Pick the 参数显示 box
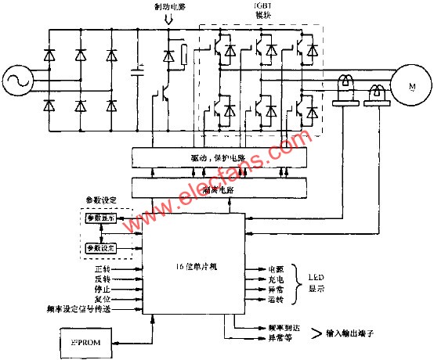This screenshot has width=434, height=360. [x=101, y=218]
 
